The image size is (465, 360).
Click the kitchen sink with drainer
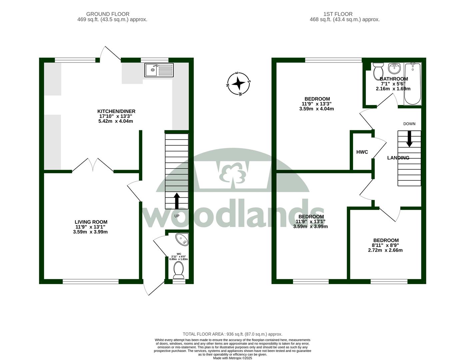pos(159,70)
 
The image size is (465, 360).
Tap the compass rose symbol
pos(238,84)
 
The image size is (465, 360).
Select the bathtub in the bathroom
pos(412,84)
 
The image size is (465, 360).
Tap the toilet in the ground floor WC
pos(178,270)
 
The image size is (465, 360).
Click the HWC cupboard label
pos(362,152)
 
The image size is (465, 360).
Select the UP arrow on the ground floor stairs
pos(177,201)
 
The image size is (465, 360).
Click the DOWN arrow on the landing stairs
pos(409,139)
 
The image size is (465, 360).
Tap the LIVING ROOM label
pos(91,222)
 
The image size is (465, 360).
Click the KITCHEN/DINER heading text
pos(116,111)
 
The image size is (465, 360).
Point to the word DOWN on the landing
pos(409,124)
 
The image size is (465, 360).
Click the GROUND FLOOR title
pos(108,14)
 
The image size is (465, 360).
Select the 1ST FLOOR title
pos(338,14)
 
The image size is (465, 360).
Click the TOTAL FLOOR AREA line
pos(232,334)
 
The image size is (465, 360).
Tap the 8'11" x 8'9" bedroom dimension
pos(385,245)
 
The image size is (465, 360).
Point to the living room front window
pos(91,281)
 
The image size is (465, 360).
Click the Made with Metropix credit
pos(232,358)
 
